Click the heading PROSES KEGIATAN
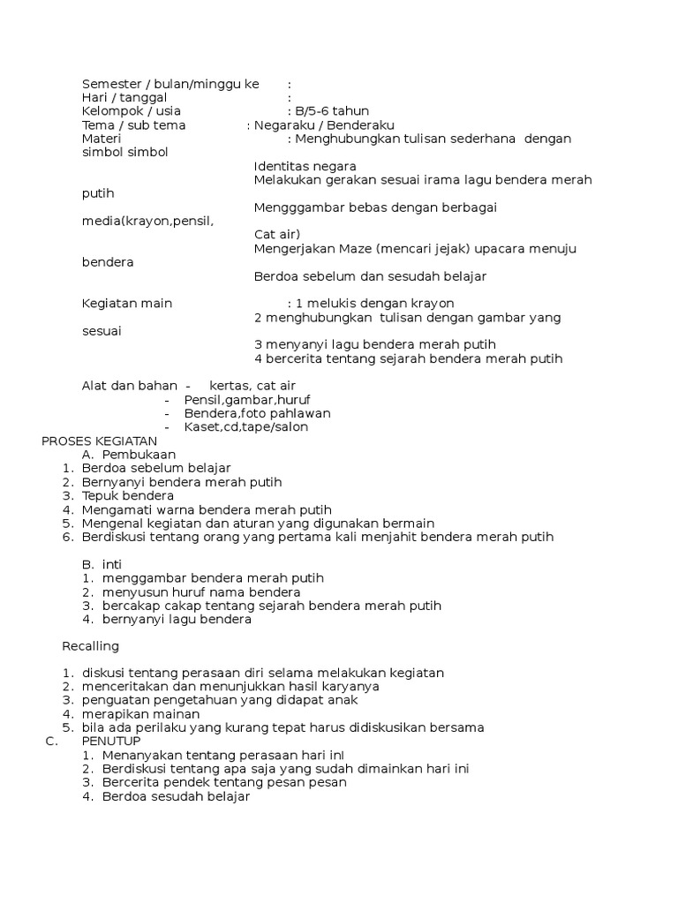(x=99, y=441)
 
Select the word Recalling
(x=90, y=646)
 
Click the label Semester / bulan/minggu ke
(x=170, y=84)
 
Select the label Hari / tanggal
(x=124, y=97)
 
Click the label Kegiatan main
(x=127, y=304)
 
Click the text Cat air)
(x=277, y=235)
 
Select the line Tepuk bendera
(x=128, y=496)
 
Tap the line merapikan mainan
(x=140, y=713)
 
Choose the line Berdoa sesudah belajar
(x=176, y=796)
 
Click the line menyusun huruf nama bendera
(x=201, y=591)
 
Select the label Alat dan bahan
(x=130, y=386)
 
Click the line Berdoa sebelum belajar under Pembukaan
(x=156, y=468)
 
